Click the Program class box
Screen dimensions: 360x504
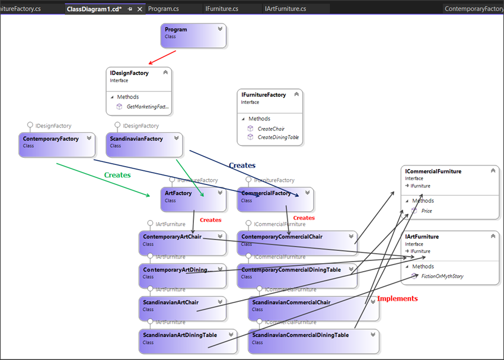point(193,35)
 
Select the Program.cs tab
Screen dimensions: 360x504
point(163,9)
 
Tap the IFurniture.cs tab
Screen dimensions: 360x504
point(222,9)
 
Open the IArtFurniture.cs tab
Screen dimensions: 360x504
point(286,9)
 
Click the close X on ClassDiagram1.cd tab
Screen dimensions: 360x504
point(140,9)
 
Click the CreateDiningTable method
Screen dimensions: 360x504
point(278,138)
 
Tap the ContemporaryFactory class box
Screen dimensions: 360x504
point(56,144)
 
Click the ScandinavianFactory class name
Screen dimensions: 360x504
point(136,139)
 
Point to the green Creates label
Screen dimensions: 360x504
point(117,176)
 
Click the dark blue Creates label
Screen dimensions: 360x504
point(242,165)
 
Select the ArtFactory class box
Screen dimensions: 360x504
point(193,199)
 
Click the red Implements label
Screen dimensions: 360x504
point(397,299)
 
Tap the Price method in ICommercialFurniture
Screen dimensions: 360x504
point(426,211)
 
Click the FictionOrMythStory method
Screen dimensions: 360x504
point(442,276)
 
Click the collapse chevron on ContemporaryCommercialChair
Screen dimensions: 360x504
point(350,237)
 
